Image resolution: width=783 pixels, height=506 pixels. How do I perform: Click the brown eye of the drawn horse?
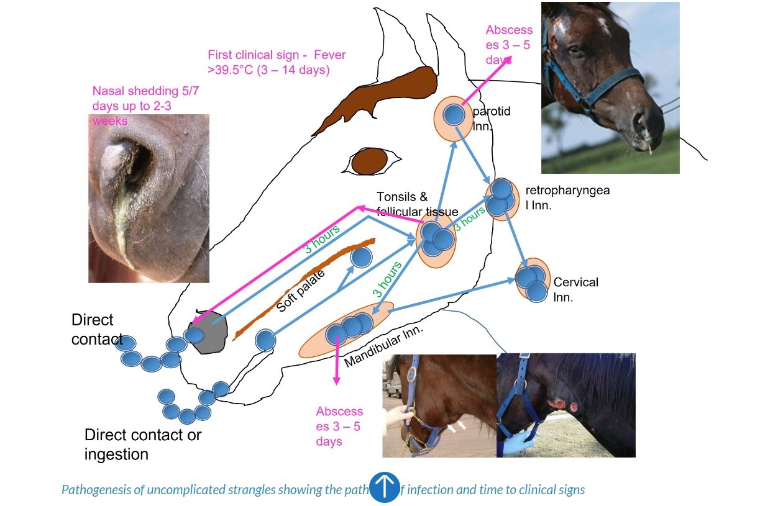pos(369,161)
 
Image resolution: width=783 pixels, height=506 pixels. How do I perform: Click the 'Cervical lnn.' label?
pos(575,289)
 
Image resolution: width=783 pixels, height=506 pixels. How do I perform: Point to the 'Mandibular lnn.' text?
pos(383,345)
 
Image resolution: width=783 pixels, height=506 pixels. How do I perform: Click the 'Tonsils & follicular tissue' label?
pos(417,204)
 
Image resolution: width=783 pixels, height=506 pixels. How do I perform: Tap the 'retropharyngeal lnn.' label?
pos(567,197)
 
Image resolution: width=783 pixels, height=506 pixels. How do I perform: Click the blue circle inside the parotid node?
pos(455,114)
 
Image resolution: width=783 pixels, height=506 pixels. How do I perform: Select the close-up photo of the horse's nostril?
pos(149,199)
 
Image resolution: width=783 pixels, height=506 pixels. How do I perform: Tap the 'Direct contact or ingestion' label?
pos(142,445)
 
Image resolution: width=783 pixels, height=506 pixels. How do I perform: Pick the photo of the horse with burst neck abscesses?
pos(565,405)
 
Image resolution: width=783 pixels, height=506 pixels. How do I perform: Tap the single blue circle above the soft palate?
pos(361,258)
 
